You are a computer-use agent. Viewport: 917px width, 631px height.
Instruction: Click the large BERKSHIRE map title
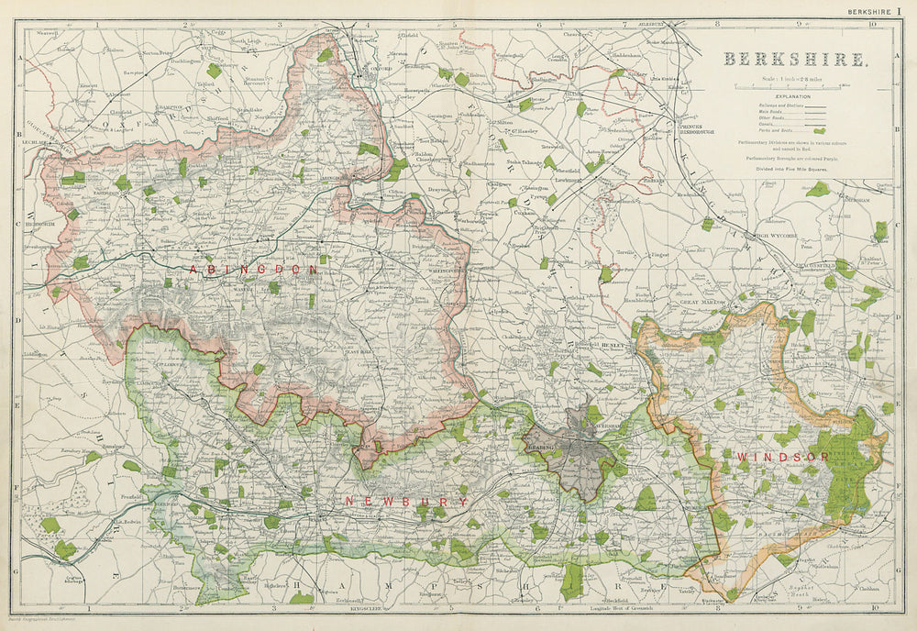click(x=795, y=60)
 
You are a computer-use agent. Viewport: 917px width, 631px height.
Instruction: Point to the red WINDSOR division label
click(x=782, y=457)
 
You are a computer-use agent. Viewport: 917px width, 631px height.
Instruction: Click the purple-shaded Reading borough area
click(x=580, y=449)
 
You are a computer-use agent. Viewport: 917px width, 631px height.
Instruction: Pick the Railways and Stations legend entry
click(x=770, y=105)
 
